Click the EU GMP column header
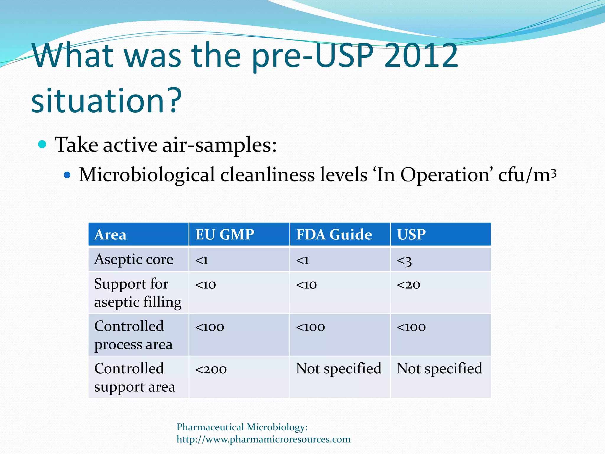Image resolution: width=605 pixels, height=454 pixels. point(225,235)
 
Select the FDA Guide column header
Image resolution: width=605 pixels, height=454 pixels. point(334,235)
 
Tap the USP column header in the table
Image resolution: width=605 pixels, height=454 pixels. point(411,235)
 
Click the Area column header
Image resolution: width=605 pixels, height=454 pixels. point(110,235)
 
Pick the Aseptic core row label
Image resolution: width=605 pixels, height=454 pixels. point(134,260)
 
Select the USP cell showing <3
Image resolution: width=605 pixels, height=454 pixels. point(404,260)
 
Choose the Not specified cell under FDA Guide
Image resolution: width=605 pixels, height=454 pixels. point(339,369)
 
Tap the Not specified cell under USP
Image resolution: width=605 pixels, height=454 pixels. point(439,369)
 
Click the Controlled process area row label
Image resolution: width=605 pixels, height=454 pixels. point(133,335)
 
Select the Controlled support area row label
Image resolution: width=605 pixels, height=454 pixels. point(134,377)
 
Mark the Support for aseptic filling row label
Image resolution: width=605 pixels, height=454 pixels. point(137,293)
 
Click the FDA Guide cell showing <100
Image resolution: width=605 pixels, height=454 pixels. point(310,327)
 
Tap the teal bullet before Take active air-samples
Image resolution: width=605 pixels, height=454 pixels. point(42,145)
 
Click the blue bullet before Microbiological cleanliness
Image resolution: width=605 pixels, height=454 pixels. point(67,175)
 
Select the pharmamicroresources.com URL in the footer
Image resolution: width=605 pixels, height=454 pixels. point(264,439)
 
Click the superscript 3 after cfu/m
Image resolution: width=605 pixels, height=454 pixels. point(554,172)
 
